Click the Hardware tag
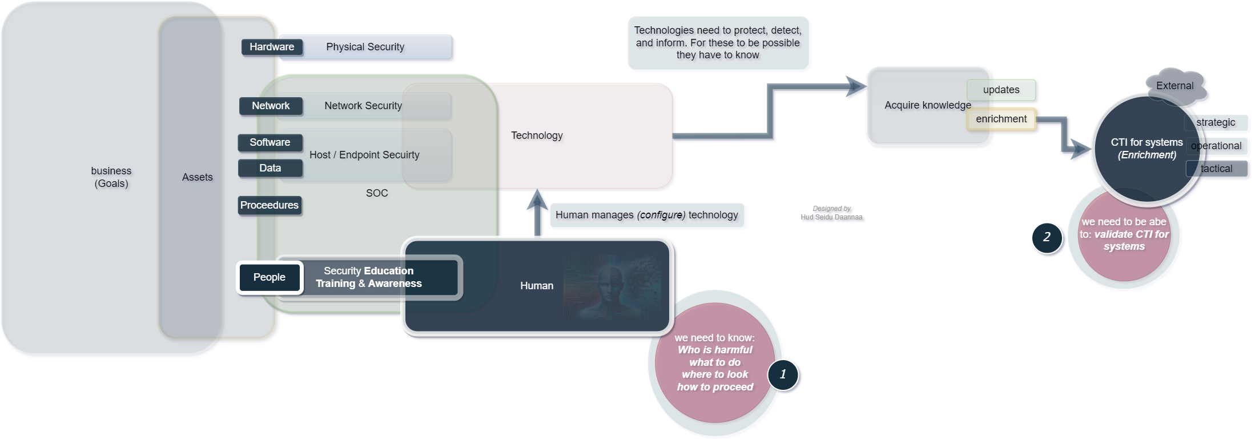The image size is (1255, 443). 272,47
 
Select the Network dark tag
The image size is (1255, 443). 271,106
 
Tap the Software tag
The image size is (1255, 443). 270,142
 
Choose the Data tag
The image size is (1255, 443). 270,168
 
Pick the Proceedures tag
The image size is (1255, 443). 269,205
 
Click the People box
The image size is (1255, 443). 269,277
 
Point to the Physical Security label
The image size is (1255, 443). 365,47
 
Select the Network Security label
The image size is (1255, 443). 363,106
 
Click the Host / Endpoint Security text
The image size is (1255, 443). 364,155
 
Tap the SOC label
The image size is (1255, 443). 377,193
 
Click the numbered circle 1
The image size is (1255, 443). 783,374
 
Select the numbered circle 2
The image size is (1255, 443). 1047,237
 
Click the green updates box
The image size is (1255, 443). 1001,90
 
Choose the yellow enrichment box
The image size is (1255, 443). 1001,119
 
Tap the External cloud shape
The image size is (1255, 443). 1175,86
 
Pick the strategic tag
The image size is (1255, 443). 1216,122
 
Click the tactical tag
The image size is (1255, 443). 1217,169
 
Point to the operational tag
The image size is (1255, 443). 1217,146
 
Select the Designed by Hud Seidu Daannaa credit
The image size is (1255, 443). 831,213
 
